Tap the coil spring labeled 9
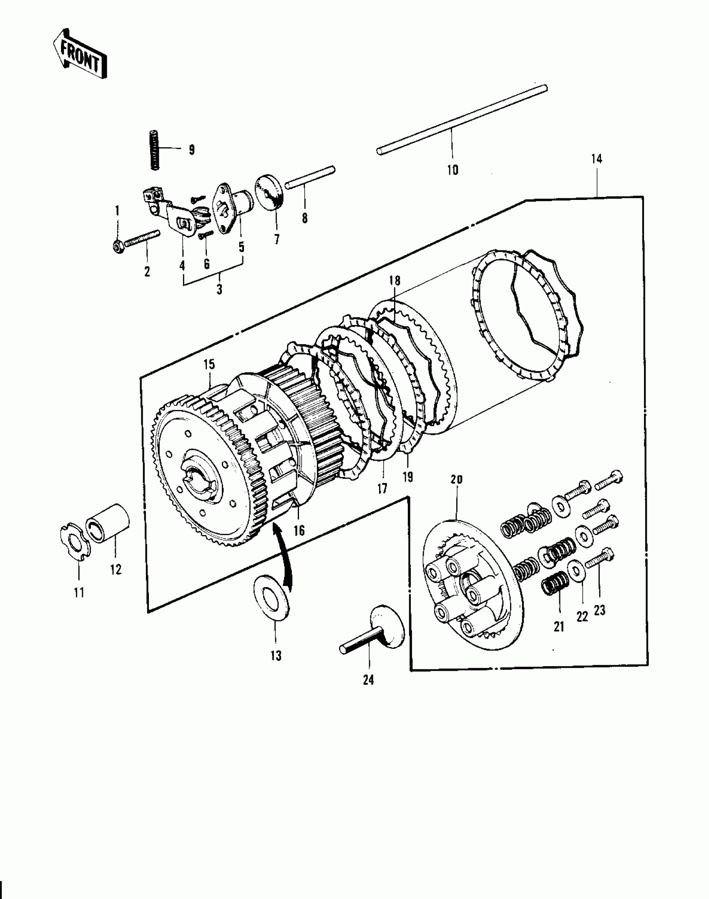click(x=155, y=150)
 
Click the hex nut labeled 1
click(x=117, y=247)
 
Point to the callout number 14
click(x=596, y=159)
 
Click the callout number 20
click(x=457, y=480)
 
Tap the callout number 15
click(x=209, y=364)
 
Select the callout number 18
click(x=395, y=280)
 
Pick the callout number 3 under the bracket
click(x=219, y=289)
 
